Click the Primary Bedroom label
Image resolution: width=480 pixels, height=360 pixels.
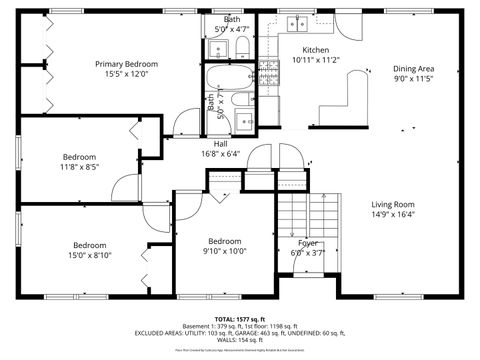click(x=126, y=64)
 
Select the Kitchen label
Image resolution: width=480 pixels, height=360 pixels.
click(x=316, y=50)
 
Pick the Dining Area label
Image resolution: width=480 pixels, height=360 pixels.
click(x=413, y=69)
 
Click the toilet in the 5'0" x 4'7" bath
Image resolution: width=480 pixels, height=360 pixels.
click(x=243, y=48)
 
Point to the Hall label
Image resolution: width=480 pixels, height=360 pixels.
click(x=219, y=143)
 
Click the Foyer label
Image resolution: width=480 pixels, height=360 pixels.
click(x=308, y=243)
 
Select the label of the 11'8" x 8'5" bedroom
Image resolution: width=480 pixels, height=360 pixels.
click(x=79, y=157)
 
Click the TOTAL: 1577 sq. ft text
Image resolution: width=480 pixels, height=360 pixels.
click(x=240, y=318)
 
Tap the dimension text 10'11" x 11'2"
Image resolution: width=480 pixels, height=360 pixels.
click(x=316, y=60)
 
